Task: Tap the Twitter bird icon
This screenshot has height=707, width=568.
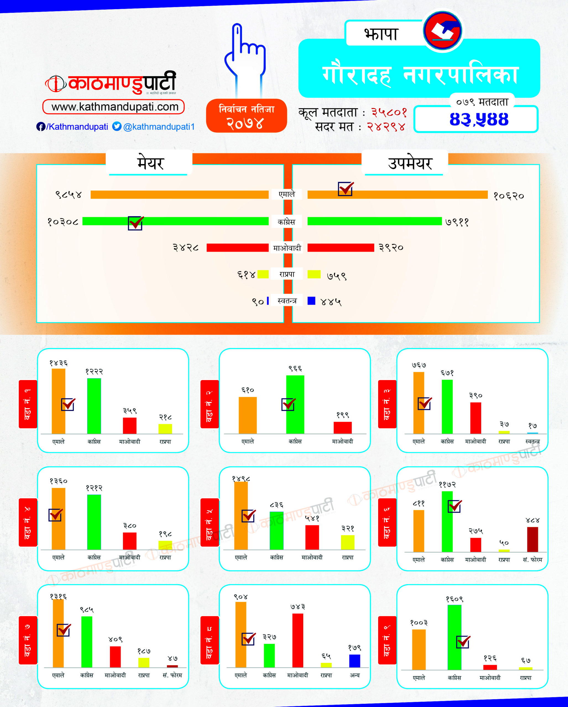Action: pos(117,126)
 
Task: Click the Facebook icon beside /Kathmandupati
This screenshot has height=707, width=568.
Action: pos(41,127)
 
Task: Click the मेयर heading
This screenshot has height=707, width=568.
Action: pos(150,163)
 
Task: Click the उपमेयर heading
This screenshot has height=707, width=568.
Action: pos(410,163)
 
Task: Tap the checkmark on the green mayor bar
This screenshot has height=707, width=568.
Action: pos(135,223)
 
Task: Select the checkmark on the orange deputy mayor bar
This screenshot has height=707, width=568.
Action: pos(345,189)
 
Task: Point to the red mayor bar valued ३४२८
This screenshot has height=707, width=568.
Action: pos(237,247)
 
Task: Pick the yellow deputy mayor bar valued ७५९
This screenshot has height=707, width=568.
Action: pos(314,274)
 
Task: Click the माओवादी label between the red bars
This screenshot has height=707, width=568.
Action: pos(287,248)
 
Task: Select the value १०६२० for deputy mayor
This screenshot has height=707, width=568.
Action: pos(509,196)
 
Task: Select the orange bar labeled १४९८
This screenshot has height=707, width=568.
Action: pos(241,516)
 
